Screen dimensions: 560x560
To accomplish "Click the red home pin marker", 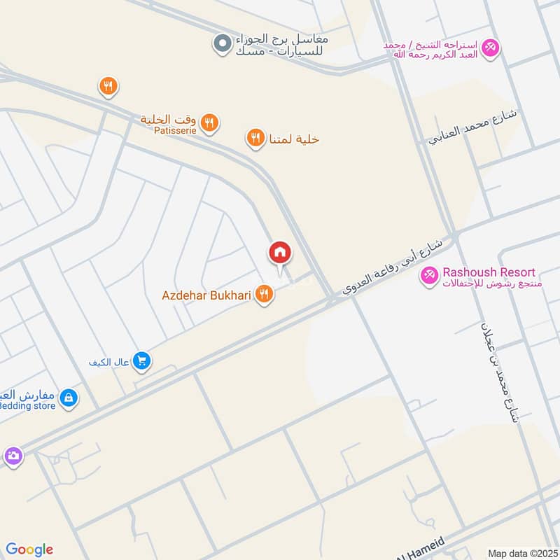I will point(279,253).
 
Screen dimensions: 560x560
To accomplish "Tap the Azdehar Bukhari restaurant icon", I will point(264,295).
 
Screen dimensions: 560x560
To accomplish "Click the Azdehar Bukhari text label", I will point(206,295).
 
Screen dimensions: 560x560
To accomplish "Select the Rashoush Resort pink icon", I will point(428,276).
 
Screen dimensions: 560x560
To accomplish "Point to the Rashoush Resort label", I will point(489,272).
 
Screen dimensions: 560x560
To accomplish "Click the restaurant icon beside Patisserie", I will point(209,125).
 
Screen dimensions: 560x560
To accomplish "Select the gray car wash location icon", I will point(222,44).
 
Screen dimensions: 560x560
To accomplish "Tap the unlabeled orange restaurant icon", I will point(107,86).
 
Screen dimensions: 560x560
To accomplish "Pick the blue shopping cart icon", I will point(142,361).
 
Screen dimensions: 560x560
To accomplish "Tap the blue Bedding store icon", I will point(68,398).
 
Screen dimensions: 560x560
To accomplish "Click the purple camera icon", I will point(12,456).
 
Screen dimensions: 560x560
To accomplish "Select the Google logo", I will point(29,549).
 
